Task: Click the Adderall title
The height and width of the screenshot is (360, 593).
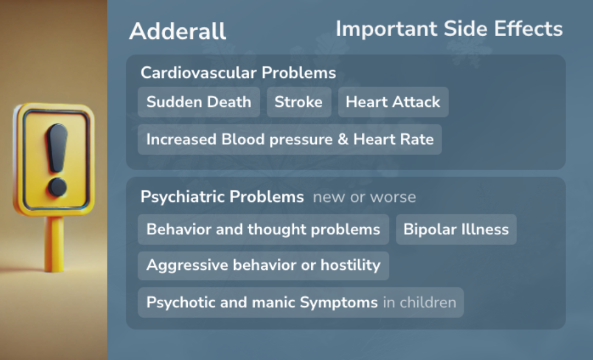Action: click(177, 31)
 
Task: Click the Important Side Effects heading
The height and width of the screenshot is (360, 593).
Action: click(449, 29)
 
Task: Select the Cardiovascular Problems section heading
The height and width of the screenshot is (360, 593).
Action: click(238, 72)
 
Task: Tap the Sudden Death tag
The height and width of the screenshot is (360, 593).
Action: click(199, 102)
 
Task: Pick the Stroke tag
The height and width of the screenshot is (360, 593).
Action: click(299, 102)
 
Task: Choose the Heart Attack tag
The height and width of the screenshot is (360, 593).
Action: click(393, 102)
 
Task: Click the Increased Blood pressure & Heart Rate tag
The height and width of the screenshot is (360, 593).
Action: click(290, 139)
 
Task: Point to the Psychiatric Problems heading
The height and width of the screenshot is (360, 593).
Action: click(222, 197)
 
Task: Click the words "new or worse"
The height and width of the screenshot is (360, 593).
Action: click(365, 197)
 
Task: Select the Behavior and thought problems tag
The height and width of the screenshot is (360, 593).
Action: click(264, 229)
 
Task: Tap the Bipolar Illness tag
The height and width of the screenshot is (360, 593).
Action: click(456, 229)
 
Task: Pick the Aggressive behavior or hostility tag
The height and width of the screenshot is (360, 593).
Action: click(264, 266)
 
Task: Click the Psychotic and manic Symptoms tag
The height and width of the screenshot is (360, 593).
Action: click(262, 302)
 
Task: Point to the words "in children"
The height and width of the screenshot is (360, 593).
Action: click(419, 302)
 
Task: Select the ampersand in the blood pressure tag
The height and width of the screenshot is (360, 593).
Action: click(343, 139)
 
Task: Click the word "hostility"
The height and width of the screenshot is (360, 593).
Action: click(350, 266)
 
